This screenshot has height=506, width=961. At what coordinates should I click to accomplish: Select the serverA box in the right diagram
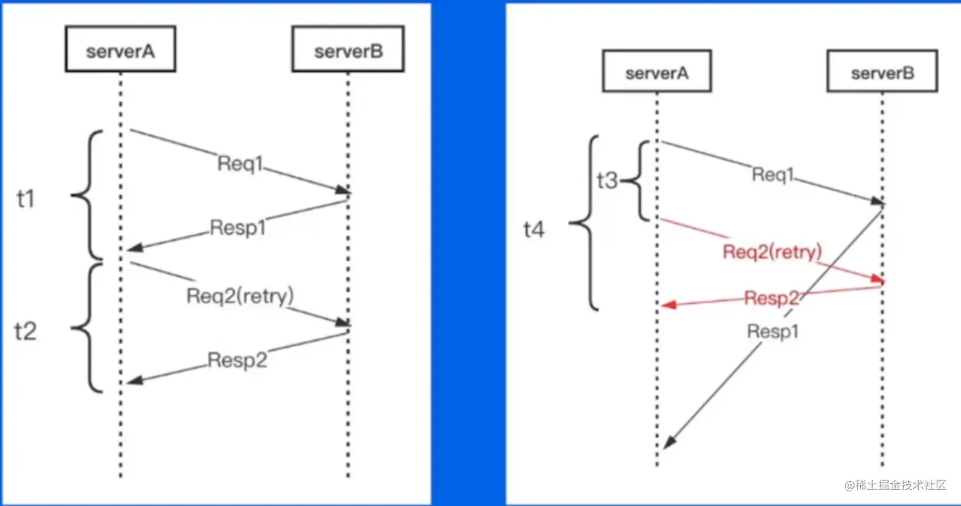[657, 72]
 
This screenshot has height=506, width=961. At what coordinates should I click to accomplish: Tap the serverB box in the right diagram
[883, 72]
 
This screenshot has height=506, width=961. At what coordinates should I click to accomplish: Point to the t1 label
[26, 200]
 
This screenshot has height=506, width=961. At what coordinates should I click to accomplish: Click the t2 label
[26, 331]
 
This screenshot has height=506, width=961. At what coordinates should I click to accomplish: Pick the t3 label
[607, 181]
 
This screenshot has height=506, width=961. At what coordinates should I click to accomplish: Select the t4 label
[534, 230]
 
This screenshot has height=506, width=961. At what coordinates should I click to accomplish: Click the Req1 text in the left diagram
[240, 164]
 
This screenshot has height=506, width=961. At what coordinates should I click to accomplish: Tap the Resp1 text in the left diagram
[238, 228]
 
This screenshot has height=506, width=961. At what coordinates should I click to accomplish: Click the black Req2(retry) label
[240, 296]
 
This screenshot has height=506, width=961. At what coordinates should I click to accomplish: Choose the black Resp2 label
[237, 361]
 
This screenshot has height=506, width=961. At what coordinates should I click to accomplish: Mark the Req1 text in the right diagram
[772, 174]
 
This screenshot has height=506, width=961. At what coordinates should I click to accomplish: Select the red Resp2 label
[771, 297]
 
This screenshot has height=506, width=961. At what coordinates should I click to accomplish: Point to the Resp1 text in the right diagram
[773, 332]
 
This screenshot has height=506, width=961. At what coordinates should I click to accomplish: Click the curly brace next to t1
[87, 195]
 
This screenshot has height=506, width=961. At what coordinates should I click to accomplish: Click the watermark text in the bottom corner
[895, 486]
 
